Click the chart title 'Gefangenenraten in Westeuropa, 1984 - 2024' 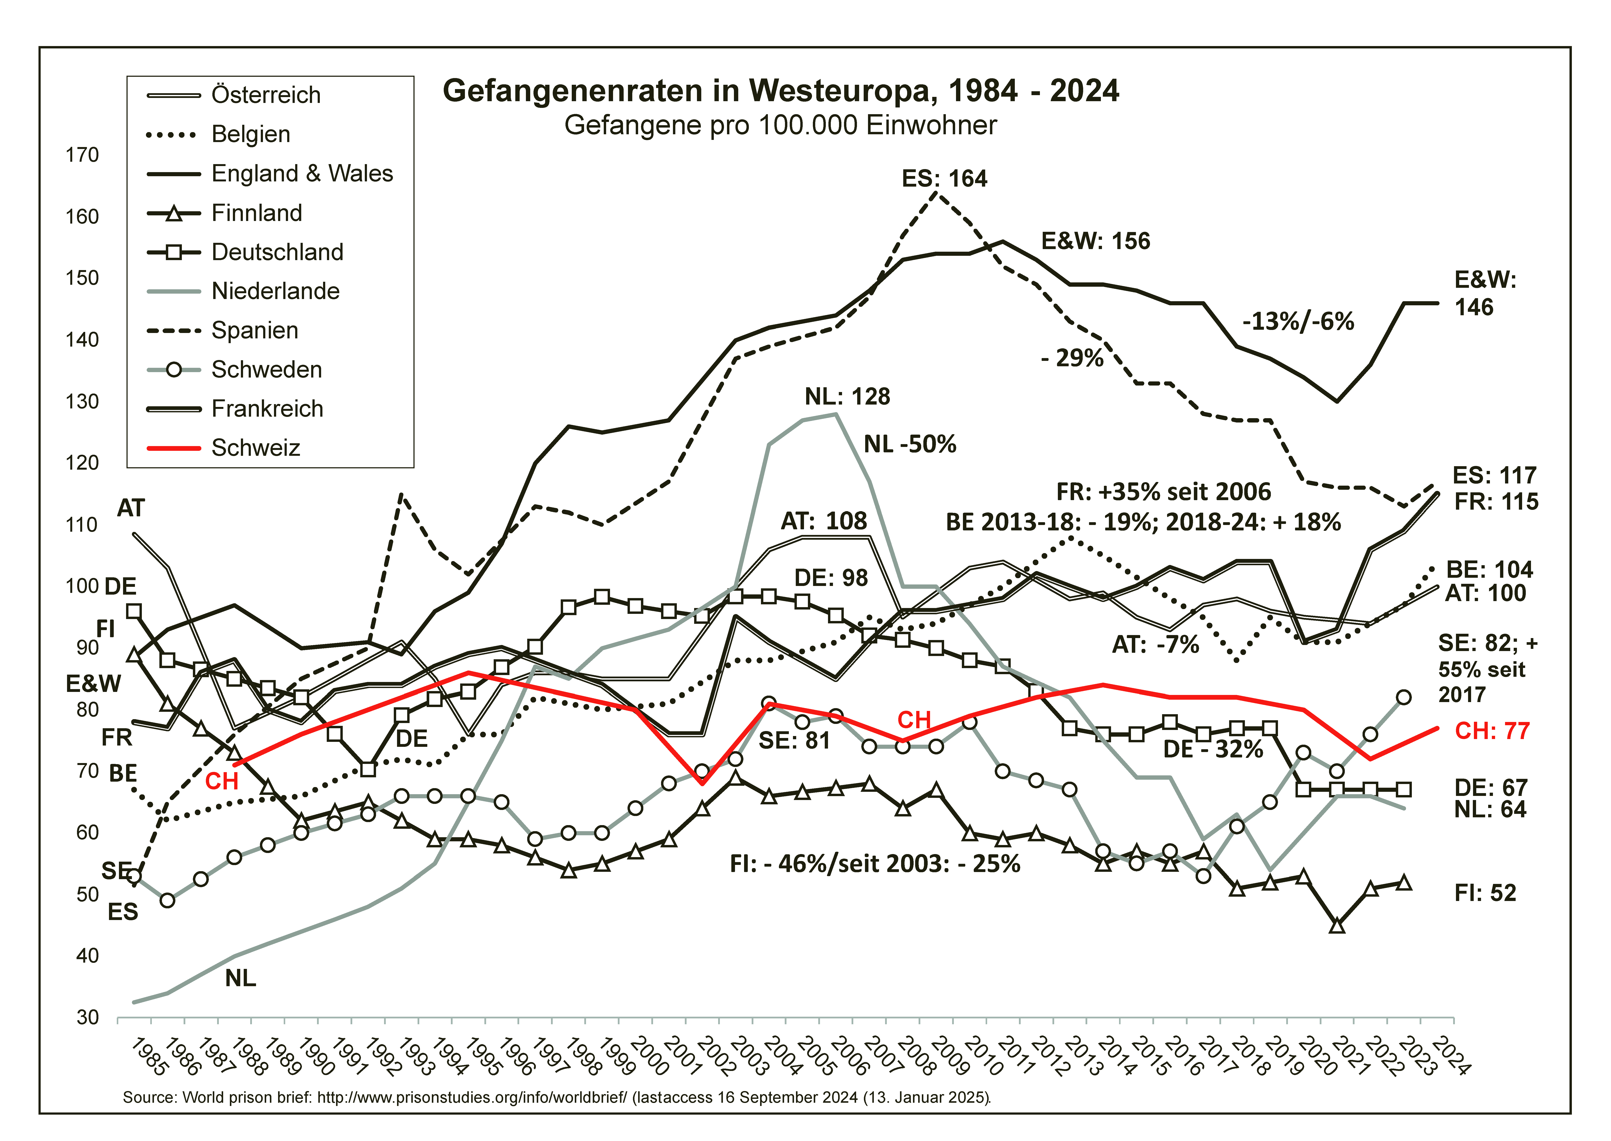point(781,91)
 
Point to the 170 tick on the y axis point(82,155)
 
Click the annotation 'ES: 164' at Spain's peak point(944,178)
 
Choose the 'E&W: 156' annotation point(1095,241)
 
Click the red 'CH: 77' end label point(1492,731)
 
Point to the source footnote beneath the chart point(557,1097)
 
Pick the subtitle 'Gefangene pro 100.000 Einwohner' point(781,125)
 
